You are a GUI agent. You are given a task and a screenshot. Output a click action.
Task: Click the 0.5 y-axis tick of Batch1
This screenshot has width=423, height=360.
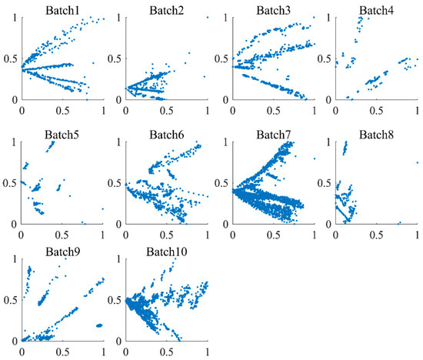point(9,58)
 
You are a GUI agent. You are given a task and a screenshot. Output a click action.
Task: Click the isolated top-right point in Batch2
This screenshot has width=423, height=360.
point(208,17)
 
